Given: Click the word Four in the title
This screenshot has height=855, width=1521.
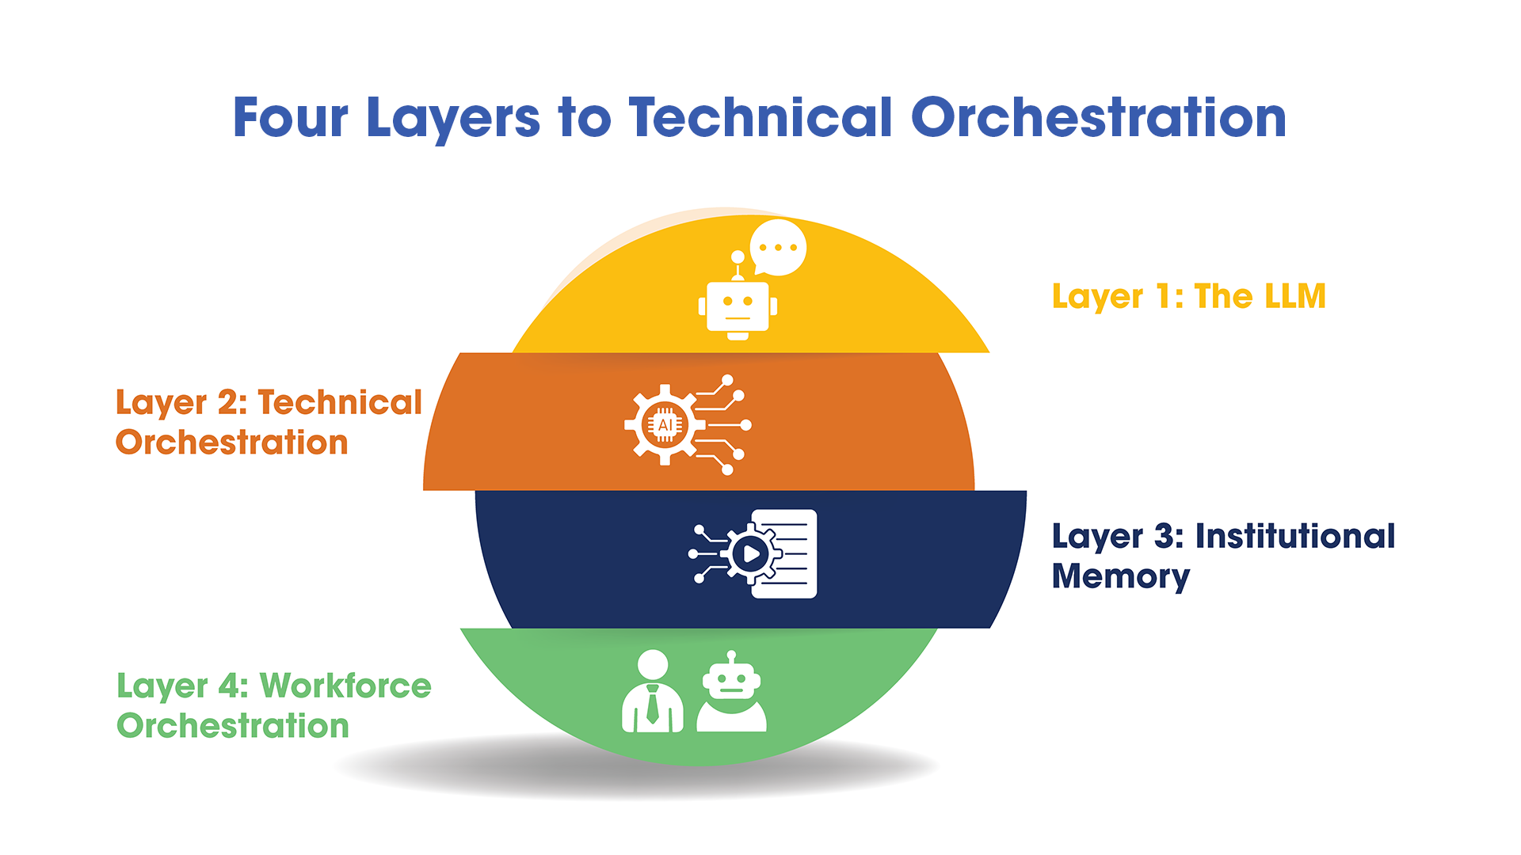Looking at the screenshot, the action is point(290,118).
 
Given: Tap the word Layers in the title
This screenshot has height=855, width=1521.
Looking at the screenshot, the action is point(453,118).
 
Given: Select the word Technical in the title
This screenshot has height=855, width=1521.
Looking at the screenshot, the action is point(760,118).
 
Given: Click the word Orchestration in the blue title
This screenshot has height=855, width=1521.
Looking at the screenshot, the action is point(1098,118).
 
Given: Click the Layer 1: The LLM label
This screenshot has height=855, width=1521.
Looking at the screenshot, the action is point(1188,297).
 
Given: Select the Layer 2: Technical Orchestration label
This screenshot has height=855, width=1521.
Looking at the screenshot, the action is point(269,422).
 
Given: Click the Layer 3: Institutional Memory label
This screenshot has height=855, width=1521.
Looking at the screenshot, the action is point(1222,556).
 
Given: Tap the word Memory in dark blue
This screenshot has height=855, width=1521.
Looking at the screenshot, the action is point(1120,576).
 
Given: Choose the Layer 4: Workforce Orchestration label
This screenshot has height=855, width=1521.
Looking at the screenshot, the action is point(273,705).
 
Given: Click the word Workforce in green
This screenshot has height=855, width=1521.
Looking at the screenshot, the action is point(345,686).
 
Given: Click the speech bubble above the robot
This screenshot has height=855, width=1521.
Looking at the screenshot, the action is point(778,247).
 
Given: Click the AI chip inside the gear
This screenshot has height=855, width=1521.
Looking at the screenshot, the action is point(665,425).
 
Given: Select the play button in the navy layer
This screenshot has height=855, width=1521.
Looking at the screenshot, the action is point(750,554).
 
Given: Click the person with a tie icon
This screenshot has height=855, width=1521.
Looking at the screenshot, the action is point(652,692).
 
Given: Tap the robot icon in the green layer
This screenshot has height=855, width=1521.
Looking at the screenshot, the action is point(731,692).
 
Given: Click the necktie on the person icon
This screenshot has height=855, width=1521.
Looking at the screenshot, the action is point(652,704).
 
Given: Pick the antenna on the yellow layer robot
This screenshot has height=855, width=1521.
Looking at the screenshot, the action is point(738,264).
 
